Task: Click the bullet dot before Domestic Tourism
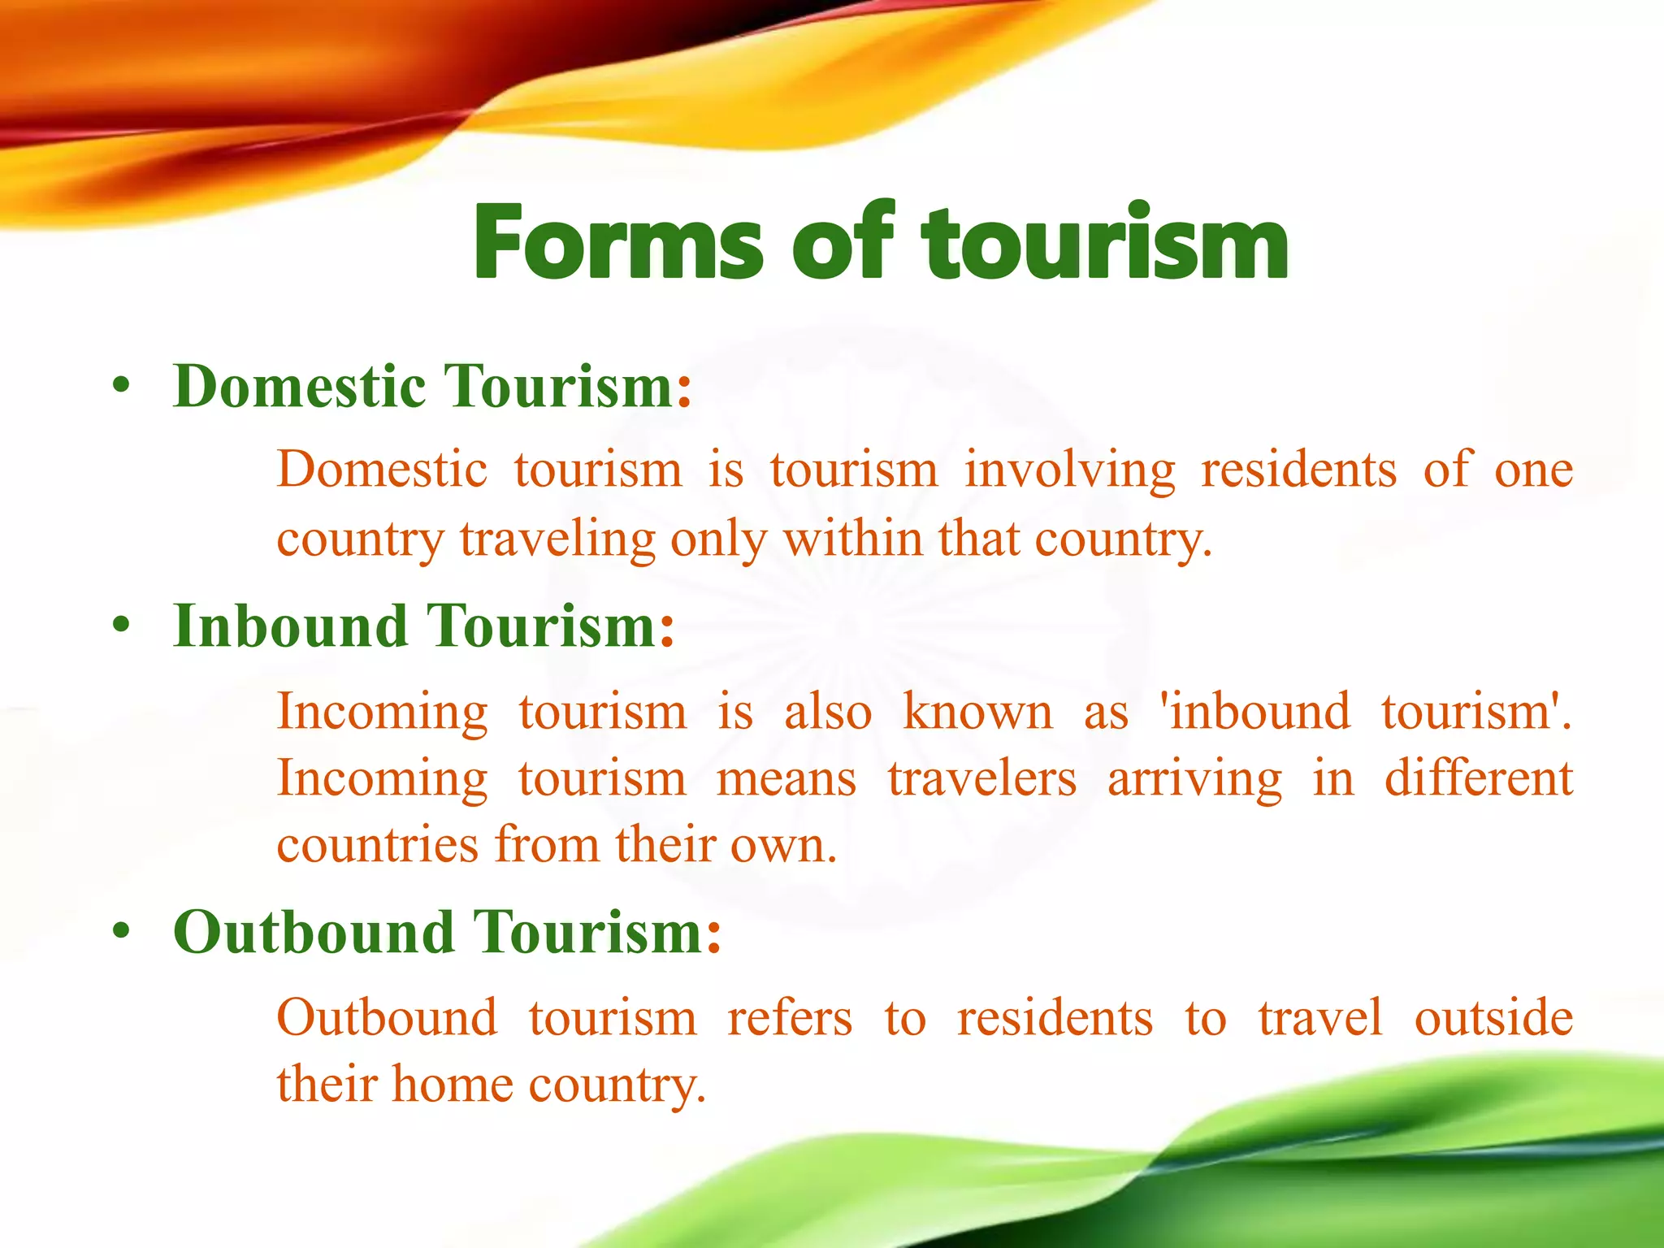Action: point(121,387)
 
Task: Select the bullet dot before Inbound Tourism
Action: point(121,627)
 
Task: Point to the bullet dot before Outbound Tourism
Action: point(121,933)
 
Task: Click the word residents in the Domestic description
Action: point(1298,470)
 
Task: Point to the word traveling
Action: point(557,539)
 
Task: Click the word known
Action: point(977,712)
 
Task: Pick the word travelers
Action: point(981,778)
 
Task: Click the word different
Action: point(1479,778)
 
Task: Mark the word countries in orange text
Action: point(378,845)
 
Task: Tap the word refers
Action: point(790,1017)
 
